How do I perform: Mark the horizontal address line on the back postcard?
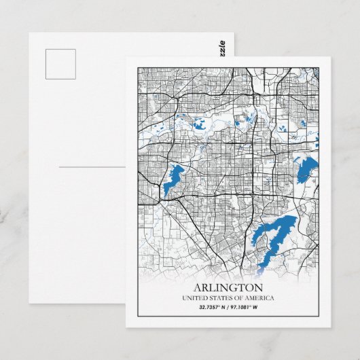(x=92, y=166)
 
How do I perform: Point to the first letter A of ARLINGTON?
(x=198, y=287)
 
